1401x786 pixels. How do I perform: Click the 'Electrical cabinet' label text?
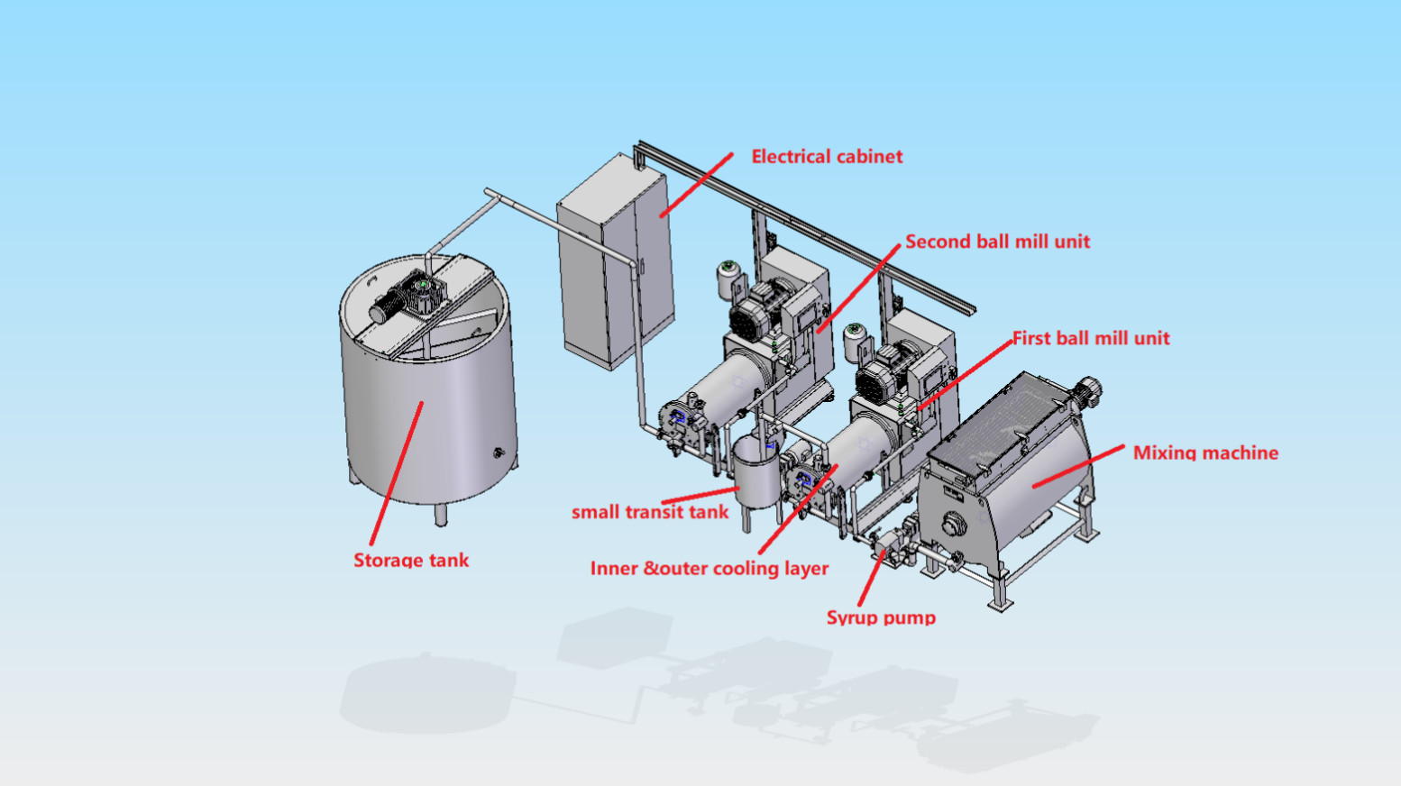click(827, 156)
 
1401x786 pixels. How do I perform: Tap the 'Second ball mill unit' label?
click(998, 242)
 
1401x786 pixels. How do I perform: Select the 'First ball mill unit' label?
click(1091, 338)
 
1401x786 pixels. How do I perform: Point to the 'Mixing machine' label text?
click(1206, 452)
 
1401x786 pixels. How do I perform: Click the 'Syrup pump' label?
click(881, 617)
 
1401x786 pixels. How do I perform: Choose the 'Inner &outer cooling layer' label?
click(710, 569)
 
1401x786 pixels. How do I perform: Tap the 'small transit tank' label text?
click(650, 512)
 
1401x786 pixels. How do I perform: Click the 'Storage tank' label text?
click(411, 560)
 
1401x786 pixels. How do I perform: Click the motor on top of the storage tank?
click(407, 299)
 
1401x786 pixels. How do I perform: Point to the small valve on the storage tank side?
click(499, 452)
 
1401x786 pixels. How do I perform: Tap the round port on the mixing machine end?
click(954, 524)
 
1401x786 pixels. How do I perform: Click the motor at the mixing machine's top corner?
click(1086, 390)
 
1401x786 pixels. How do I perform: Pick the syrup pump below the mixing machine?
click(892, 548)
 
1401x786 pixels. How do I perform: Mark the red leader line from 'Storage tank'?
click(396, 473)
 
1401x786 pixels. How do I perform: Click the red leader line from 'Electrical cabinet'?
click(696, 185)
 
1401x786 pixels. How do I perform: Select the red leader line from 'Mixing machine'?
click(1078, 467)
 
